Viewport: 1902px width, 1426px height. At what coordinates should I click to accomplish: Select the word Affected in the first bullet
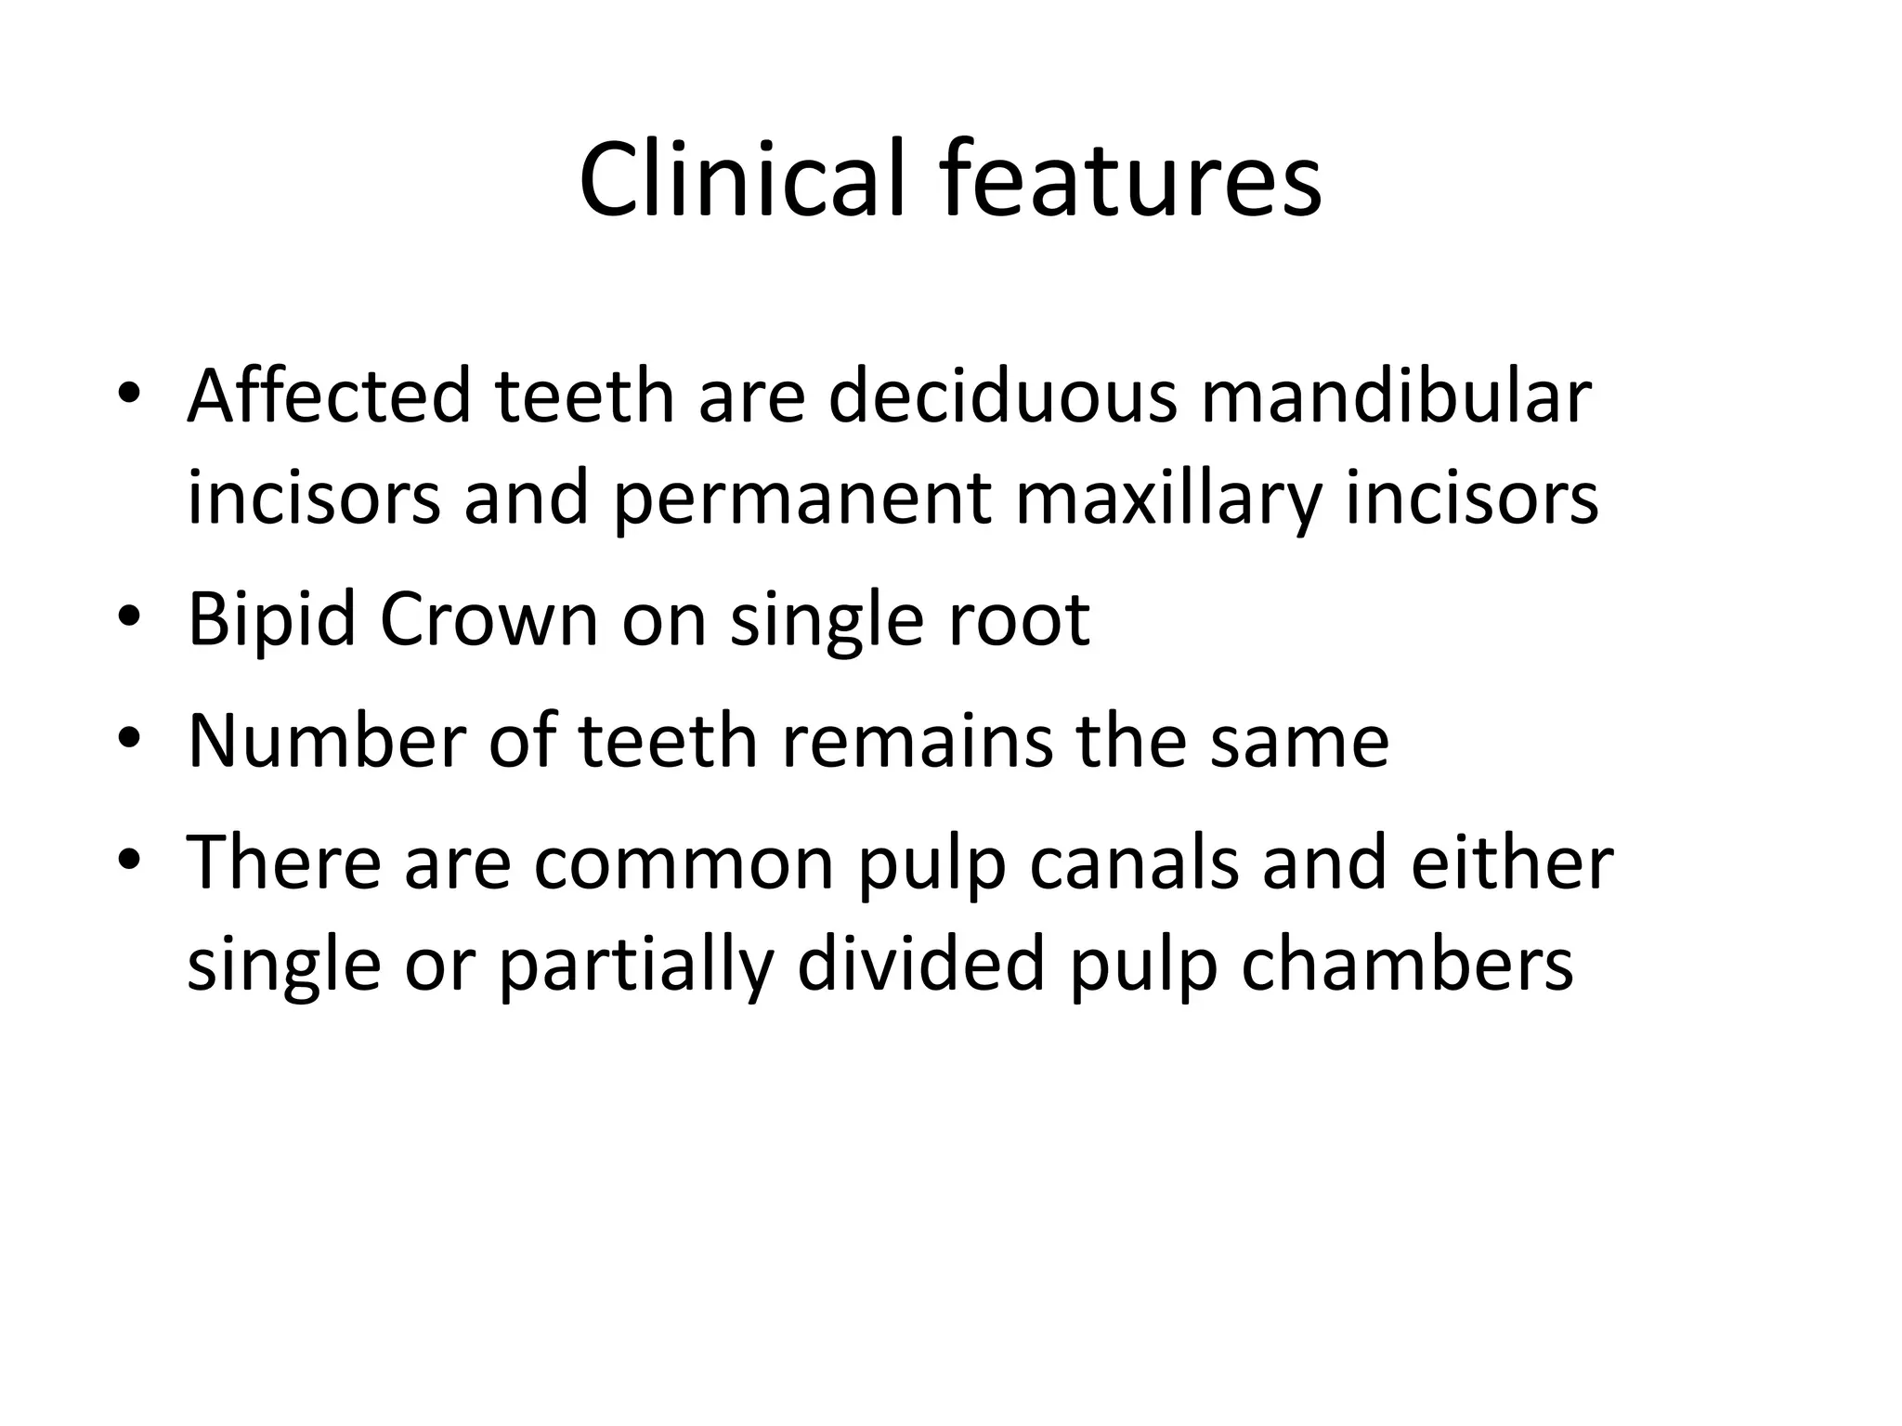329,396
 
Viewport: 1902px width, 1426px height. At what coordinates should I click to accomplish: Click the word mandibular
1396,396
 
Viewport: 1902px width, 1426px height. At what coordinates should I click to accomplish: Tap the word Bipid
271,619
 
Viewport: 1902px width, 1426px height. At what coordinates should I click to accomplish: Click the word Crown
489,619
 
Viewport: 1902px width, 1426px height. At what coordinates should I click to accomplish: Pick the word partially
635,966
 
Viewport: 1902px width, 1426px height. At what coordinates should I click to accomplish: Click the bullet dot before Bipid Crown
129,616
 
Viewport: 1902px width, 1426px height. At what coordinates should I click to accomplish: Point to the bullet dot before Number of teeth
129,737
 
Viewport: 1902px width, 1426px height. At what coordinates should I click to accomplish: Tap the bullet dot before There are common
129,859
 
